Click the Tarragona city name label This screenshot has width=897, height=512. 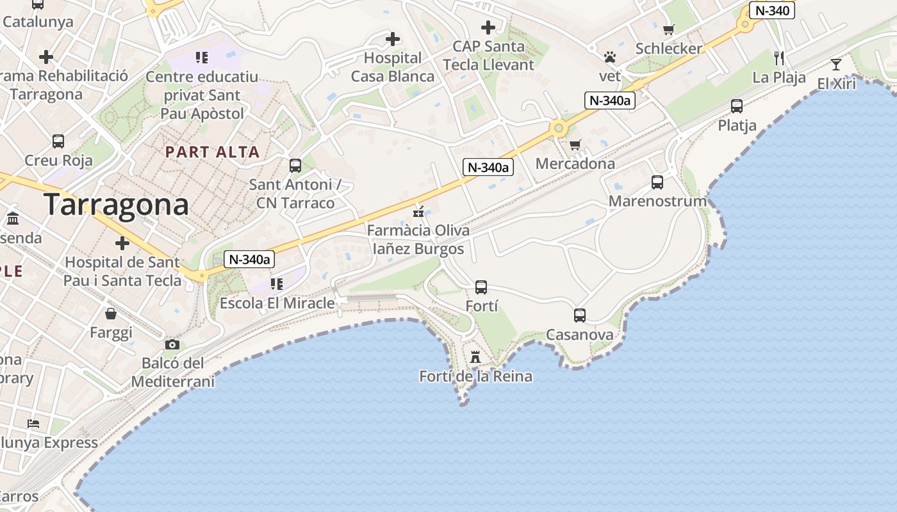[117, 205]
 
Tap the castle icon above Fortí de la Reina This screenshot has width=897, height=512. [475, 357]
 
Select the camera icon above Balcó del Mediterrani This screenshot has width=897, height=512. [172, 345]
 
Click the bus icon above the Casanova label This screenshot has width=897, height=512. [580, 316]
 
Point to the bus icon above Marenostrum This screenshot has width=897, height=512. [657, 182]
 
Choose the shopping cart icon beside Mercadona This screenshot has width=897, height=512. [575, 145]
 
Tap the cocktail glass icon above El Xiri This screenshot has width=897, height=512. [836, 64]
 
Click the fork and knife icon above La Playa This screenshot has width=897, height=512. [779, 58]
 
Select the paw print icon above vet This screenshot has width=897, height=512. [610, 58]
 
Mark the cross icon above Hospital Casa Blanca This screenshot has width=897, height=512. [393, 40]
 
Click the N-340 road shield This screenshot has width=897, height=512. [772, 10]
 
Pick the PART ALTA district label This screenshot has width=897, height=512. [213, 152]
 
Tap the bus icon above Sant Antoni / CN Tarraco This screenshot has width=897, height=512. [295, 166]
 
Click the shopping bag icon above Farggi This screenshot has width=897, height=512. [111, 314]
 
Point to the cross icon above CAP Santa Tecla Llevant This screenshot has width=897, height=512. [488, 28]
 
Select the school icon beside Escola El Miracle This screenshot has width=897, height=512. [277, 284]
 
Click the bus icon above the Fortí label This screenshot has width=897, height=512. [481, 287]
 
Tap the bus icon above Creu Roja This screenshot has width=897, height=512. [58, 141]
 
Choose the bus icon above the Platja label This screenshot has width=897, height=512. [737, 106]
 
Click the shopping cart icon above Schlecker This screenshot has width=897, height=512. [669, 29]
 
